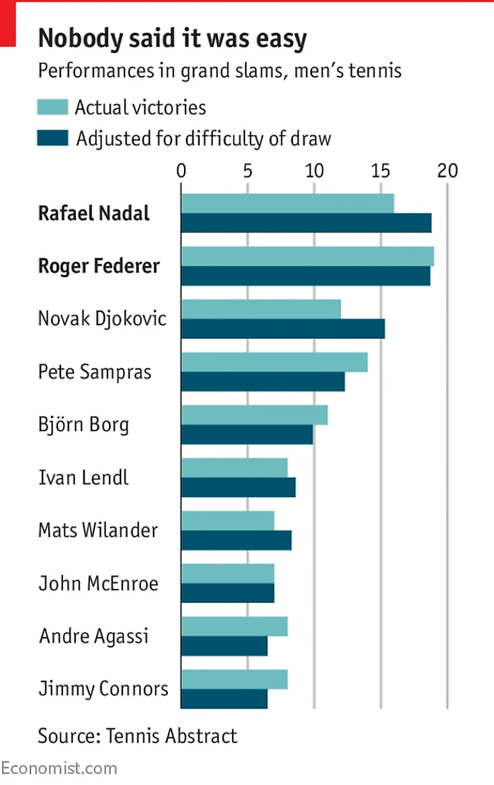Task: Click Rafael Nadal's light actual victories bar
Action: (x=287, y=204)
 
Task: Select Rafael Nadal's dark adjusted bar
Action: (x=306, y=223)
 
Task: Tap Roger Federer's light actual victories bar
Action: (x=307, y=256)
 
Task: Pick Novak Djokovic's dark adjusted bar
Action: (x=282, y=329)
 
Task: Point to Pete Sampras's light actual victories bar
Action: (x=274, y=362)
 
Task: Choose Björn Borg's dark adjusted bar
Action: (x=247, y=435)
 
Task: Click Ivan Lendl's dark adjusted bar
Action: (x=238, y=487)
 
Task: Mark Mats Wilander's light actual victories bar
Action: (x=227, y=521)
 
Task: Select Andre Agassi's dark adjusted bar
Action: (x=224, y=646)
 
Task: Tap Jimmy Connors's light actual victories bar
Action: (x=234, y=679)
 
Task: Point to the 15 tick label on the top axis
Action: (x=381, y=170)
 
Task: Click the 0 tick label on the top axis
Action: (x=181, y=170)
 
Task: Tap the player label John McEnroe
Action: (x=98, y=583)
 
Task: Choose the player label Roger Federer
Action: (x=99, y=266)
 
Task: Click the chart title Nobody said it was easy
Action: (x=173, y=39)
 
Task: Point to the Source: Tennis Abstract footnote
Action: (x=137, y=736)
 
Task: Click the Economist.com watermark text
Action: (x=59, y=768)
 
